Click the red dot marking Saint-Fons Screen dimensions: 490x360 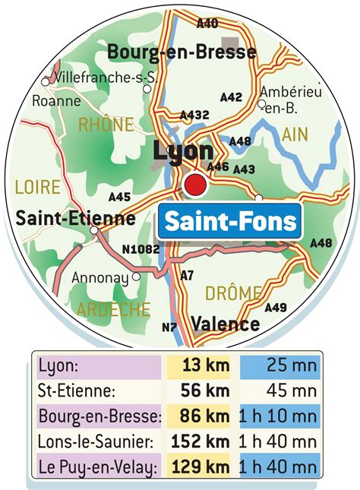point(195,184)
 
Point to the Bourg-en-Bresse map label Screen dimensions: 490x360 point(182,52)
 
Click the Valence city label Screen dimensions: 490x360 point(225,324)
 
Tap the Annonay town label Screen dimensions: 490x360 point(99,278)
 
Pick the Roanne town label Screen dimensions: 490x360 point(56,100)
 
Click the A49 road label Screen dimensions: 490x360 point(276,308)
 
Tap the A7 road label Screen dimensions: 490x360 point(188,275)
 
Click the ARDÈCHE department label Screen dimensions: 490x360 point(113,309)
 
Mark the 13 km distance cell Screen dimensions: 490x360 point(202,367)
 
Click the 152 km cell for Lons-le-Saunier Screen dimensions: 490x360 point(201,441)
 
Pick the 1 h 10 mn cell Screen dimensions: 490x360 point(279,416)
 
